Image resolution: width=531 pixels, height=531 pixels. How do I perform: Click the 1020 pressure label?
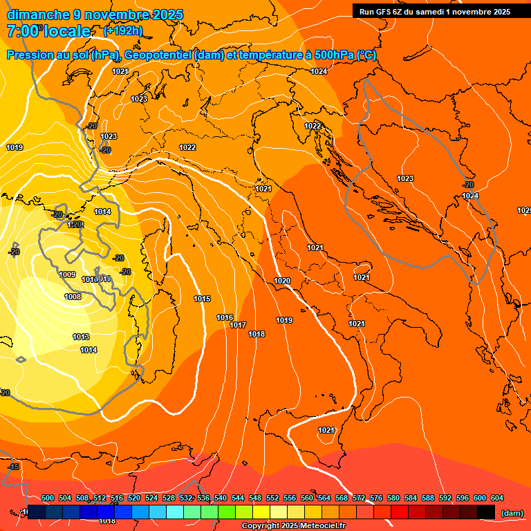point(282,281)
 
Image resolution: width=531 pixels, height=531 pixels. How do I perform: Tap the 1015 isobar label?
point(202,299)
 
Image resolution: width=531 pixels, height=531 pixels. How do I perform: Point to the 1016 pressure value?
point(225,317)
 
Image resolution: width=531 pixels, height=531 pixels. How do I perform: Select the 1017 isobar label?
point(239,325)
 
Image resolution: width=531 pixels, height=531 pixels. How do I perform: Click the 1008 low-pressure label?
point(73,297)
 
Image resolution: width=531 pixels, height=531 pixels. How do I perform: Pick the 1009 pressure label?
point(67,274)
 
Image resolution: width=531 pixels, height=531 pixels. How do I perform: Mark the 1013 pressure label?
point(81,337)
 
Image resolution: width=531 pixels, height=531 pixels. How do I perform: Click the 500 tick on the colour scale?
point(48,498)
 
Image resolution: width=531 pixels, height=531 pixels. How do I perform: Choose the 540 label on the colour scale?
point(221,498)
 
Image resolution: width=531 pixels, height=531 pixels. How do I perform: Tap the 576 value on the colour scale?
point(376,498)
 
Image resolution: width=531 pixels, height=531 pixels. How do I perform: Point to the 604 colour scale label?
point(497,498)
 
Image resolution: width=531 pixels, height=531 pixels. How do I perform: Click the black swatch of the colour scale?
point(486,512)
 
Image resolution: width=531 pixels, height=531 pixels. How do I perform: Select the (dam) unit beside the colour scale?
point(512,513)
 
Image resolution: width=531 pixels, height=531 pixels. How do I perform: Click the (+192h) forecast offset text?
point(123,31)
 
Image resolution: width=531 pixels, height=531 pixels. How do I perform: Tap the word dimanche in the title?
point(38,15)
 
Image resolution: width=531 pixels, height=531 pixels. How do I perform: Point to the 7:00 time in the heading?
point(23,31)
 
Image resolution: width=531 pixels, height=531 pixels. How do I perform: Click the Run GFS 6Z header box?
point(435,12)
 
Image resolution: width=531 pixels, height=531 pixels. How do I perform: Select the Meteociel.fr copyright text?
point(294,526)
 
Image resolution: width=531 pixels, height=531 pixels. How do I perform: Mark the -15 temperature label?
point(13,467)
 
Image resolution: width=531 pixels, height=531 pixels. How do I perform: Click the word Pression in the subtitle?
point(31,55)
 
